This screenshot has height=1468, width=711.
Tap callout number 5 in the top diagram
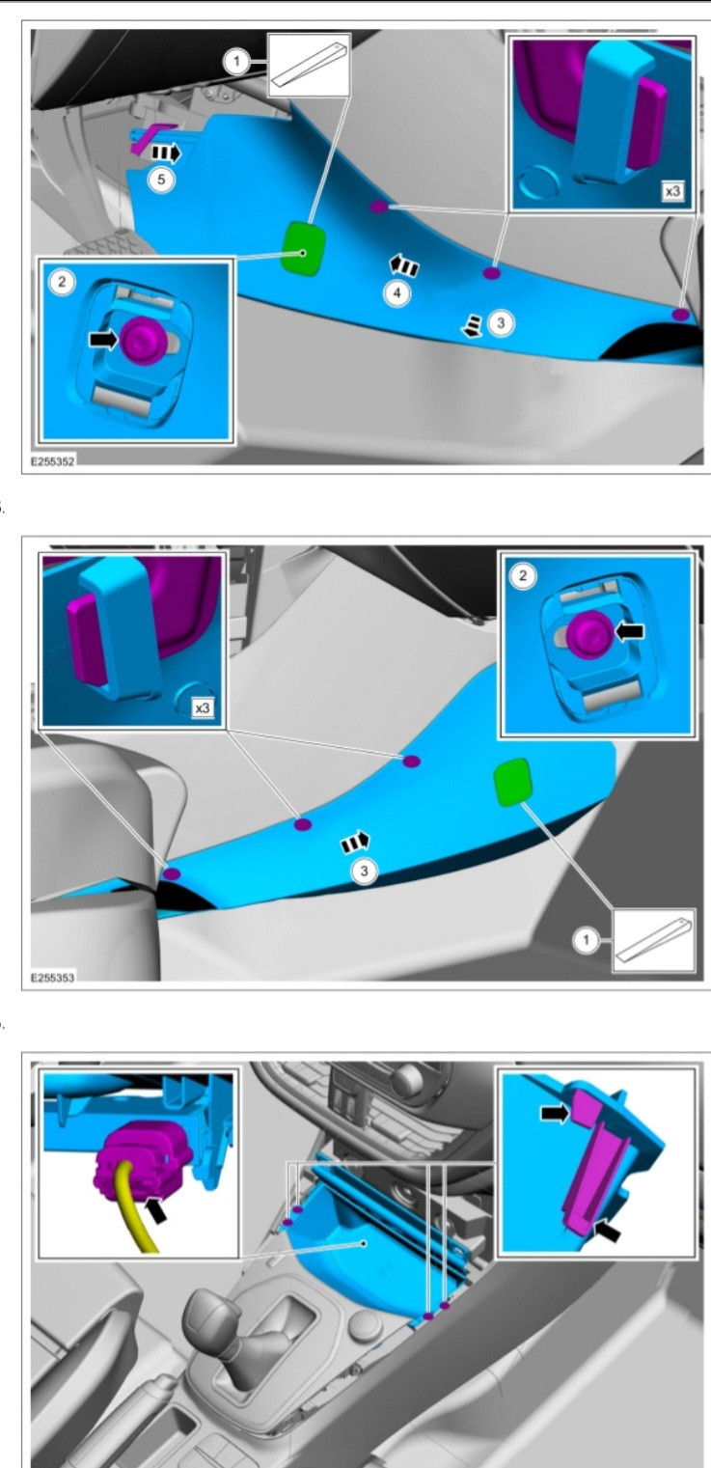tap(161, 179)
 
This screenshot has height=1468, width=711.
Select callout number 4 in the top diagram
tap(397, 293)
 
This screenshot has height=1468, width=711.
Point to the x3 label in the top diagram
tap(672, 192)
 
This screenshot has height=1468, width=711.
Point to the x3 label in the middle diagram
tap(203, 708)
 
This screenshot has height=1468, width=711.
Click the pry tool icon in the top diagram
tap(309, 66)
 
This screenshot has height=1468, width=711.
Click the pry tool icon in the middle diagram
tap(654, 940)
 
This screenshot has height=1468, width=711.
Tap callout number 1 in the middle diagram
tap(586, 940)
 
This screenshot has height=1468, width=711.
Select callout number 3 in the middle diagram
tap(365, 871)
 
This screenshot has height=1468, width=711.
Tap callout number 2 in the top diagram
tap(63, 283)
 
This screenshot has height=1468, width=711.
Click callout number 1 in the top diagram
tap(236, 63)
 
